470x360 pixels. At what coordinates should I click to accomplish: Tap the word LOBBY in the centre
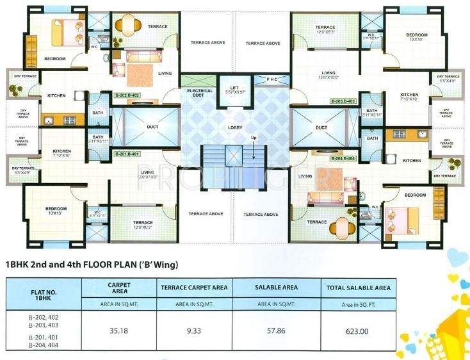[x=235, y=127]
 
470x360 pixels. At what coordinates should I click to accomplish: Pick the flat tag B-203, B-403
[x=343, y=101]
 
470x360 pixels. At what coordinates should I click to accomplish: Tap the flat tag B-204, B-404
[x=343, y=158]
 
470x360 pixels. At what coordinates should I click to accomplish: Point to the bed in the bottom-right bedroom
[x=410, y=218]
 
